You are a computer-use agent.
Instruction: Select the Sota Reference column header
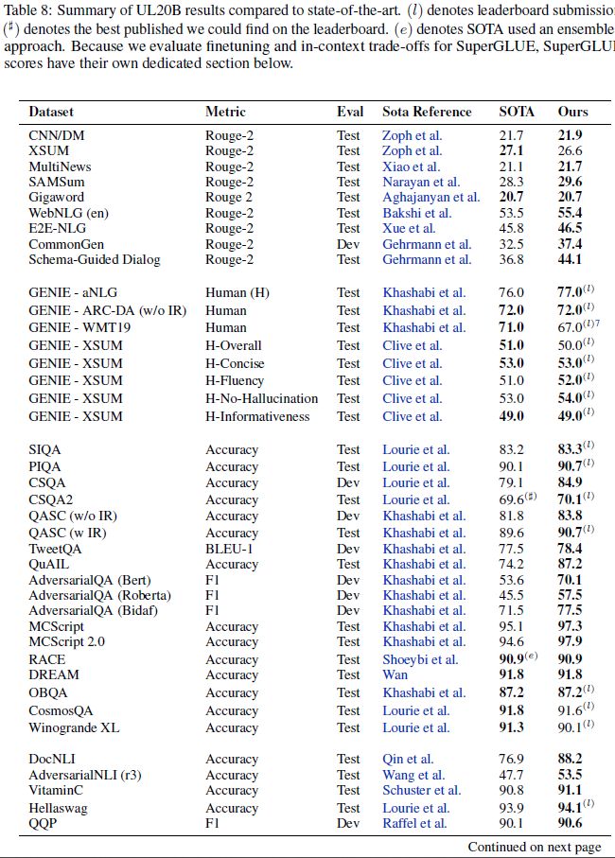427,112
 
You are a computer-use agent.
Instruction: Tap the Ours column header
571,112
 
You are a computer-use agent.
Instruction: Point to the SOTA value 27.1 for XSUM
511,150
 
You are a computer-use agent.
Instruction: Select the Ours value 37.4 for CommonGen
570,243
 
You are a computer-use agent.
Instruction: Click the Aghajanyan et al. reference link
430,197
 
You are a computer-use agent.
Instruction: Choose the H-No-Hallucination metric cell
262,398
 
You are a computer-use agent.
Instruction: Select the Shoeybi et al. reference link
420,659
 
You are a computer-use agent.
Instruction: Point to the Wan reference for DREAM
395,674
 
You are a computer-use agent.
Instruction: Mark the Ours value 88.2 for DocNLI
570,759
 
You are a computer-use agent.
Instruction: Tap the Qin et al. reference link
408,759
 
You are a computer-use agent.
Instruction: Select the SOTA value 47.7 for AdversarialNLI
511,775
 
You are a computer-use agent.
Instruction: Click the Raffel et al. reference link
415,823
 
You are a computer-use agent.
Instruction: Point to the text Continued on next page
534,848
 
